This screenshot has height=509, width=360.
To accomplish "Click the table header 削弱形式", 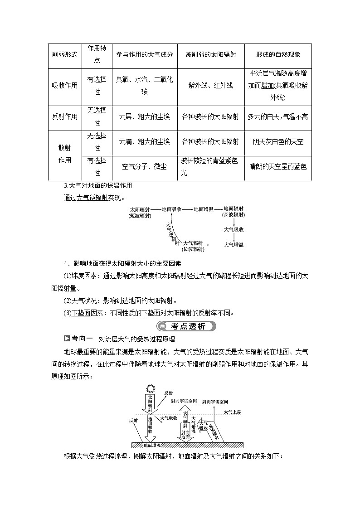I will tap(64, 54).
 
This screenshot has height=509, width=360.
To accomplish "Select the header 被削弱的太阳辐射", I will tap(210, 54).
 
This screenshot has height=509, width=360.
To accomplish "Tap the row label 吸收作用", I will tap(64, 85).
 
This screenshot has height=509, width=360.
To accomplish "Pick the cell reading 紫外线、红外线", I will tap(210, 85).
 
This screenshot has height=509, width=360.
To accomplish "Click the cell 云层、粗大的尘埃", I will tap(144, 116).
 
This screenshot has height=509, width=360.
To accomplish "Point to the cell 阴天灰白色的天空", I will tap(278, 141).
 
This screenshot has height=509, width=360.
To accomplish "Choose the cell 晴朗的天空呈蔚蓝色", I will tap(278, 167).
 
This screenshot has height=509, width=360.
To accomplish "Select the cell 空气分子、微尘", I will tap(144, 167).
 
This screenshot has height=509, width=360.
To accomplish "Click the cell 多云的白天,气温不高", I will tap(278, 116).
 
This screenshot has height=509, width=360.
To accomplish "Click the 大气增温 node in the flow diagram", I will tap(234, 245).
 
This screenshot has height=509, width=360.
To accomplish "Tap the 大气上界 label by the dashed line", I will tap(233, 412).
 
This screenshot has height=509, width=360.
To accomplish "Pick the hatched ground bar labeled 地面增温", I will tap(187, 445).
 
